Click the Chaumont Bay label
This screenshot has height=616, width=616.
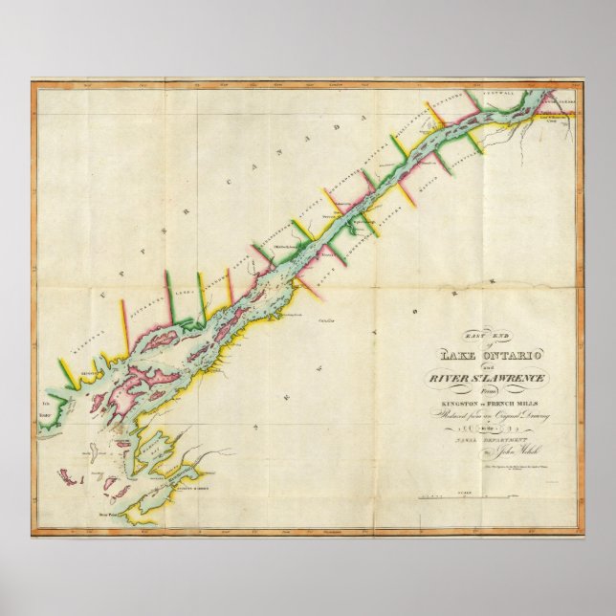tap(153, 442)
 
